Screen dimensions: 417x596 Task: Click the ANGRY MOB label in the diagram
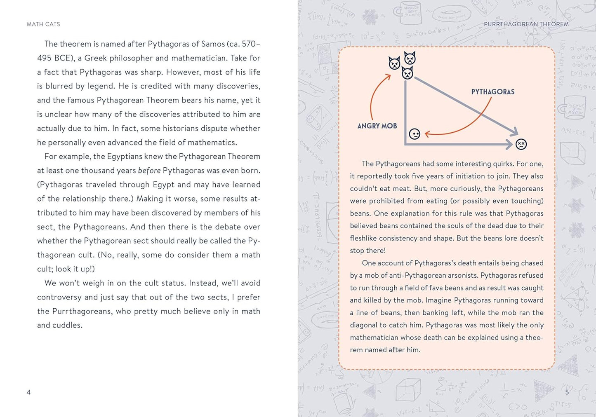pos(377,126)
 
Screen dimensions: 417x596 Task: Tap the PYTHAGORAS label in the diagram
pos(493,92)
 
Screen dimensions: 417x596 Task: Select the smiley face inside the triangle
pos(415,134)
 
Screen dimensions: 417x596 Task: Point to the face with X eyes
pos(521,144)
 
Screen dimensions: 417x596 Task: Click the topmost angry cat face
pos(410,58)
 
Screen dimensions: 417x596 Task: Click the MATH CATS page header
pos(43,24)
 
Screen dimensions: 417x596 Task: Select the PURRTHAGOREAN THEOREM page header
pos(526,24)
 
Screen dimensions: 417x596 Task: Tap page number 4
pos(28,392)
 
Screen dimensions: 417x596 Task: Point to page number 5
pos(567,392)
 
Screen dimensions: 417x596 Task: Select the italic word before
pos(149,171)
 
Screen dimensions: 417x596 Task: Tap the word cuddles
pos(67,326)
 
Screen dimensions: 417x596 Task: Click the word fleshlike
pos(363,238)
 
